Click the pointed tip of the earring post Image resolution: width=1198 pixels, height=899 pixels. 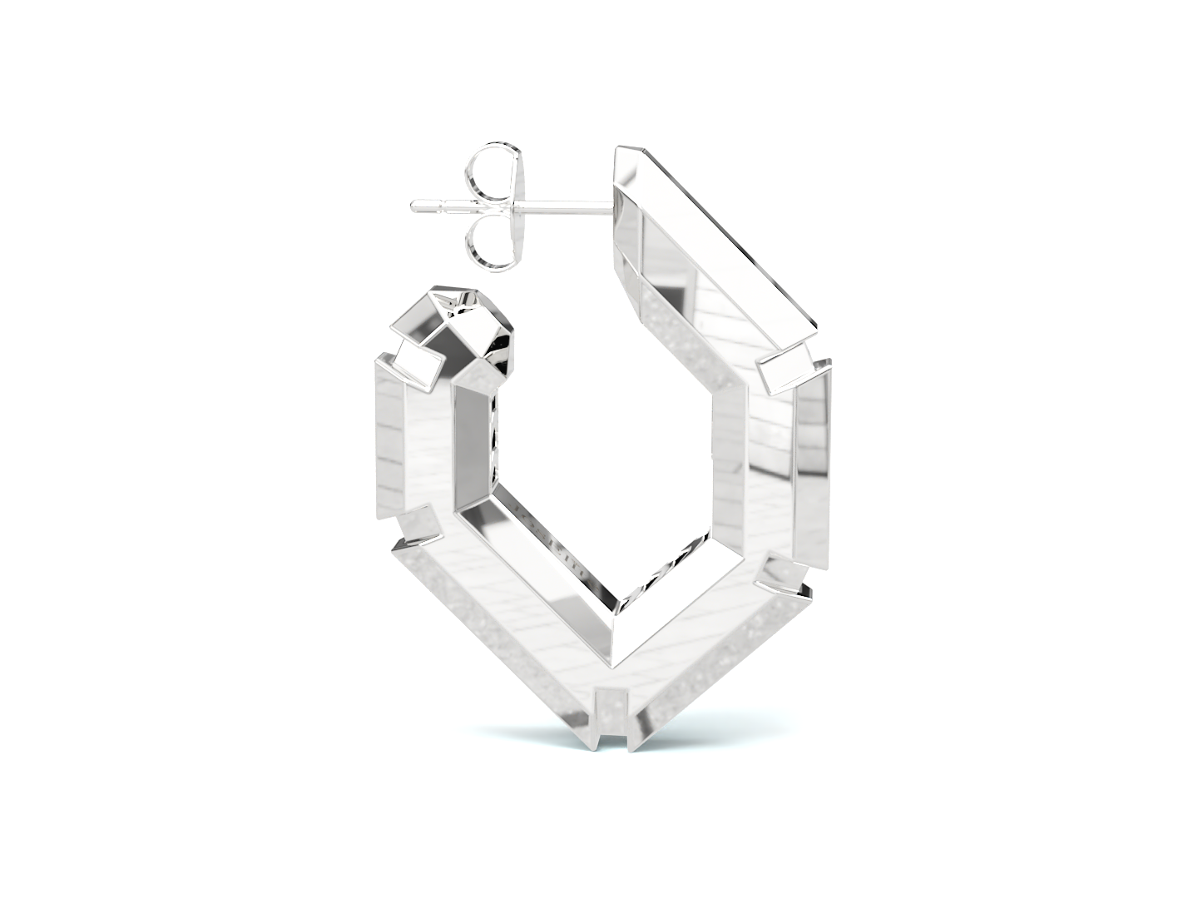pos(414,205)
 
